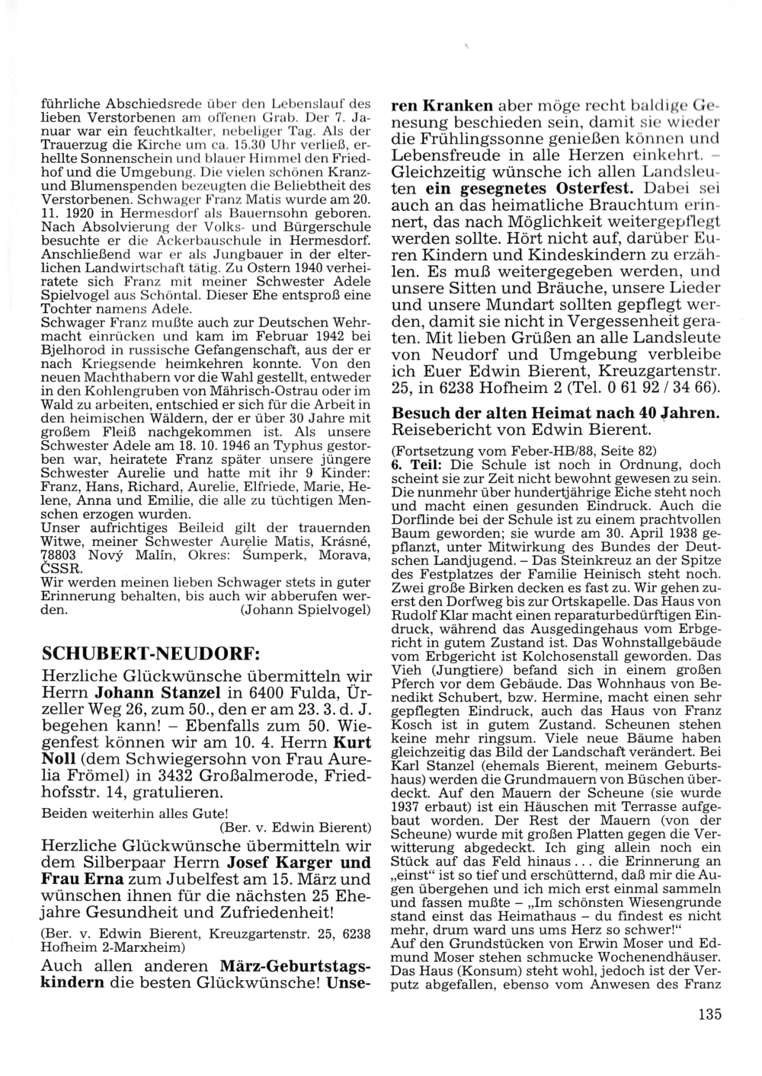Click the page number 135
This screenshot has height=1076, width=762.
[708, 1014]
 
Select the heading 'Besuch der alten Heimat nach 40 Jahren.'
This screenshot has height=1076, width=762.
[554, 413]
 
